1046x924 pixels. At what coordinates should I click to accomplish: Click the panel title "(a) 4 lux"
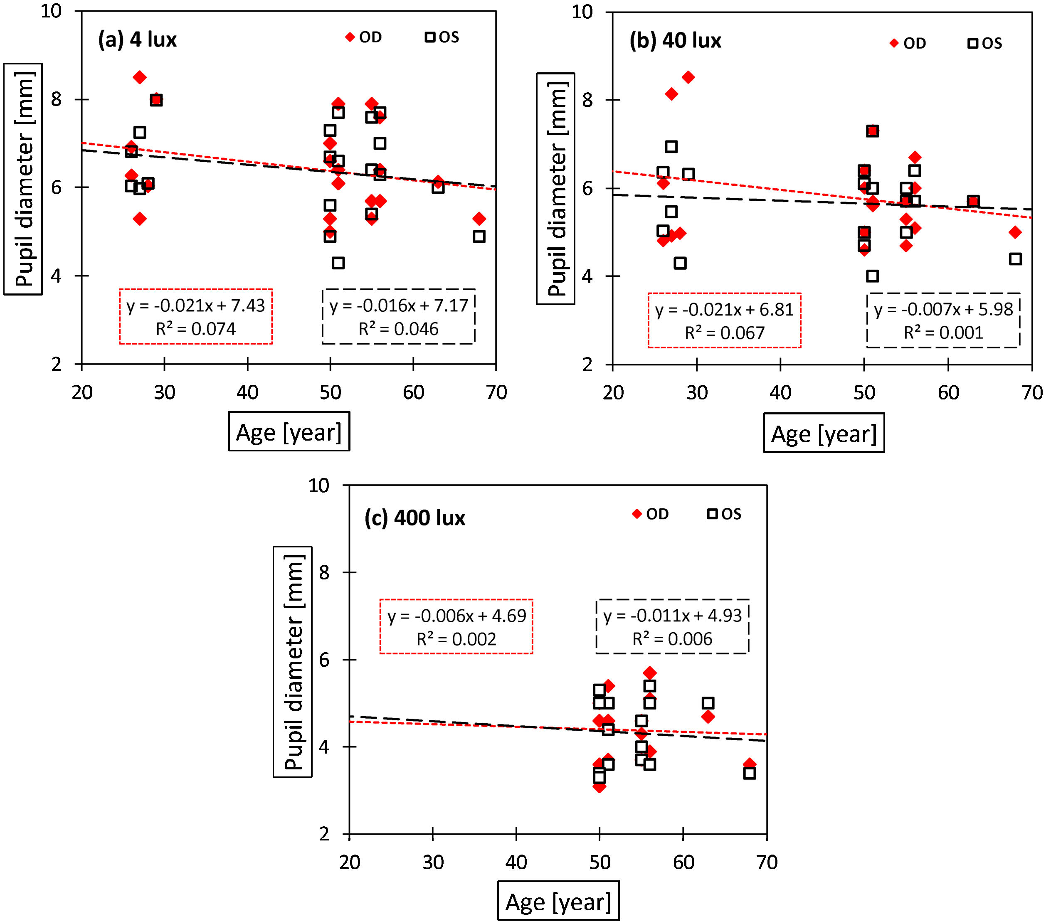[x=137, y=40]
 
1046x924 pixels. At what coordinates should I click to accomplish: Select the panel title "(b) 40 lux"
[x=675, y=41]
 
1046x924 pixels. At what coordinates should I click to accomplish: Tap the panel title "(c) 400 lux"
[x=414, y=518]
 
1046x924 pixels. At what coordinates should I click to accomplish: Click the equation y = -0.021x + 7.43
[x=195, y=306]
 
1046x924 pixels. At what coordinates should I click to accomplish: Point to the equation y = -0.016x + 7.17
[x=399, y=306]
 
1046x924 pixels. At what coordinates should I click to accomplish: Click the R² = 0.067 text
[x=724, y=333]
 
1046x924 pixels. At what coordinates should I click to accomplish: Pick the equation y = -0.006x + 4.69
[x=456, y=616]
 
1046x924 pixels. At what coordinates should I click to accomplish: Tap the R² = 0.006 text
[x=672, y=639]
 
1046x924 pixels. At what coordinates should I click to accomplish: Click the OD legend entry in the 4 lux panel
[x=364, y=37]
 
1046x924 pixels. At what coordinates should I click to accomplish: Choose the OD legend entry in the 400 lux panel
[x=651, y=514]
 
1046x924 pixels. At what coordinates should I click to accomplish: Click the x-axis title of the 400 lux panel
[x=558, y=902]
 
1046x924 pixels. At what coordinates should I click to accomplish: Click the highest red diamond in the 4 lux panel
[x=140, y=77]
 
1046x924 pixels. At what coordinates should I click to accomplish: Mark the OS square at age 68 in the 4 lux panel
[x=479, y=237]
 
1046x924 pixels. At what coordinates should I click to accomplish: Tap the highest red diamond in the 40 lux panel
[x=688, y=77]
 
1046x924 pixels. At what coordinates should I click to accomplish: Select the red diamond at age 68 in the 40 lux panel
[x=1015, y=232]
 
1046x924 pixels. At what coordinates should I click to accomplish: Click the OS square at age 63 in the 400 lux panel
[x=708, y=703]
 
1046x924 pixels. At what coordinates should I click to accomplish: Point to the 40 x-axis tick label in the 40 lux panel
[x=780, y=393]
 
